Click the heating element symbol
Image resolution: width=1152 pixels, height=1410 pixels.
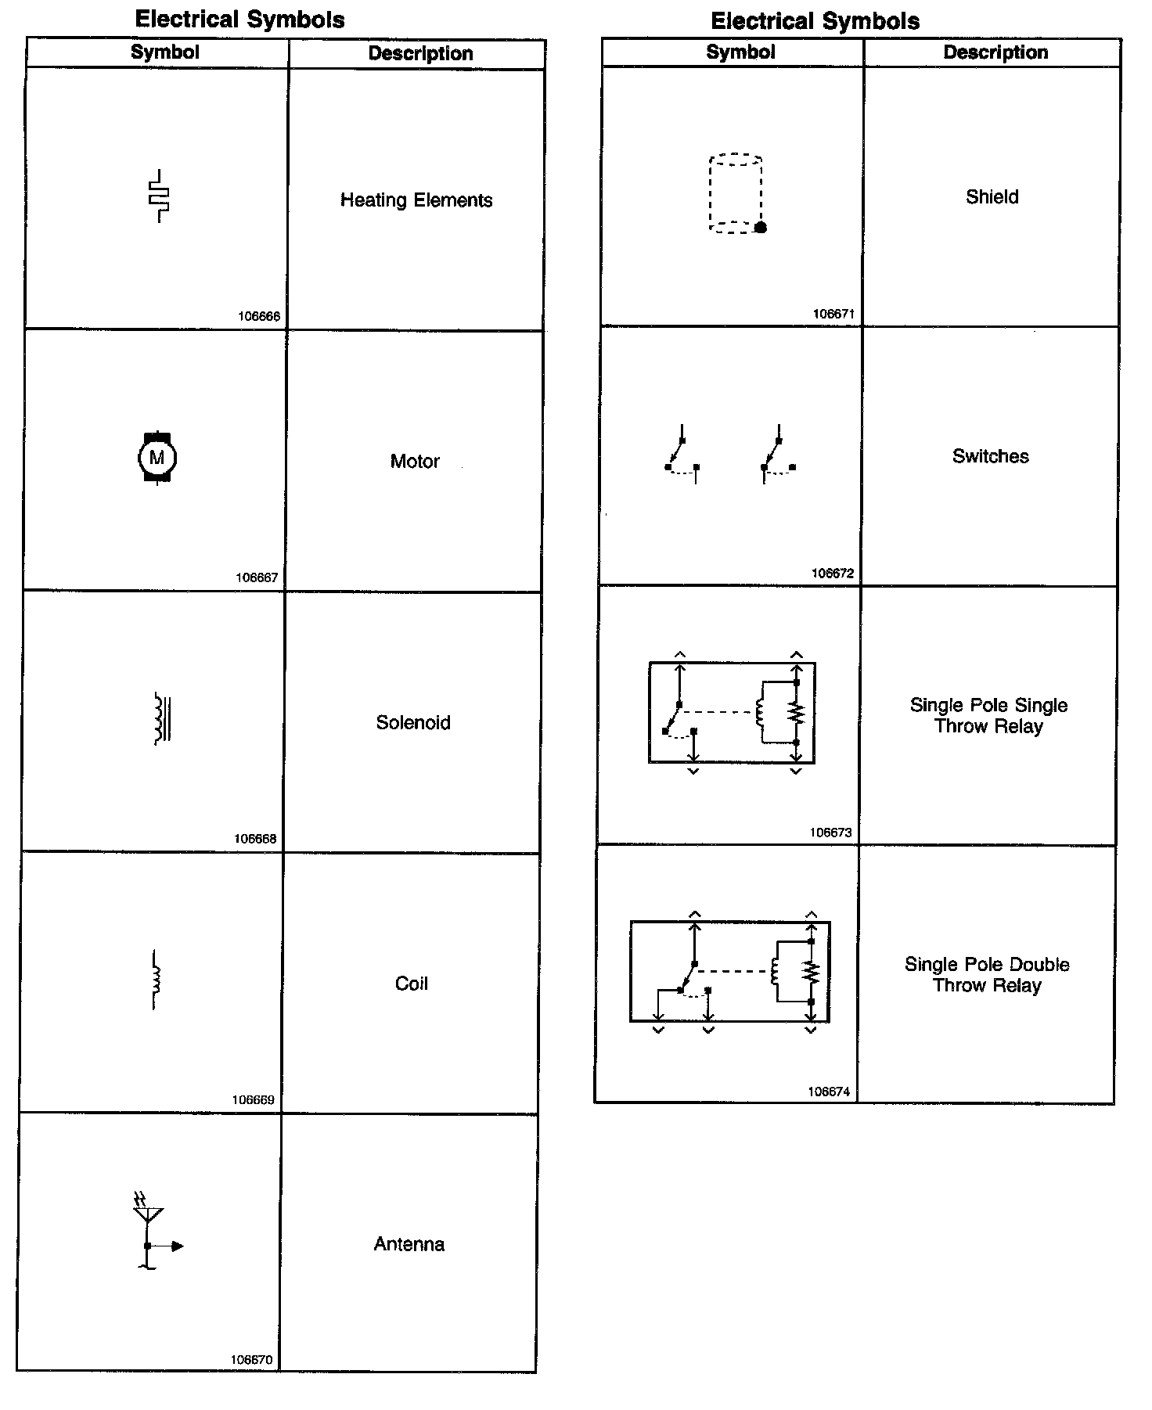159,196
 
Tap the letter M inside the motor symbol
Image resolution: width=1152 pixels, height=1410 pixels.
157,458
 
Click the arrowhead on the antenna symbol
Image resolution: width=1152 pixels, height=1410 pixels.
178,1246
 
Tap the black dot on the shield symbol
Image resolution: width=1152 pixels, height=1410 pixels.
760,228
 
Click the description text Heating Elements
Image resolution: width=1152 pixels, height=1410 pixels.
416,200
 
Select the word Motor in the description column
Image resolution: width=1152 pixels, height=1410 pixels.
415,462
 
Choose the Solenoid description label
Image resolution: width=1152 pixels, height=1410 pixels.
413,722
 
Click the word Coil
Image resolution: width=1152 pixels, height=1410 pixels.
412,984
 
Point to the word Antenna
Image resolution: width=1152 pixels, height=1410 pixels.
409,1244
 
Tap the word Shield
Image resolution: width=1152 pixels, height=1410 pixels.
992,197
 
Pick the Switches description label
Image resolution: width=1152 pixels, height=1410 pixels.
991,456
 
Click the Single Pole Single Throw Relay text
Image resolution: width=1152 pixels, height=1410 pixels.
988,716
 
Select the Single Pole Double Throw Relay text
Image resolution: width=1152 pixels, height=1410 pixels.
987,975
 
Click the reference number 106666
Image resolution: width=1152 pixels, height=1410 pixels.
259,317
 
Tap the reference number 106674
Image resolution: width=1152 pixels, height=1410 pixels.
829,1092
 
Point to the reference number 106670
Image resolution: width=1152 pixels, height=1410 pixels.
251,1360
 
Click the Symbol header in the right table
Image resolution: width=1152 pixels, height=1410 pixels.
740,52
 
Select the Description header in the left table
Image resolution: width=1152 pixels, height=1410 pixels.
420,54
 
